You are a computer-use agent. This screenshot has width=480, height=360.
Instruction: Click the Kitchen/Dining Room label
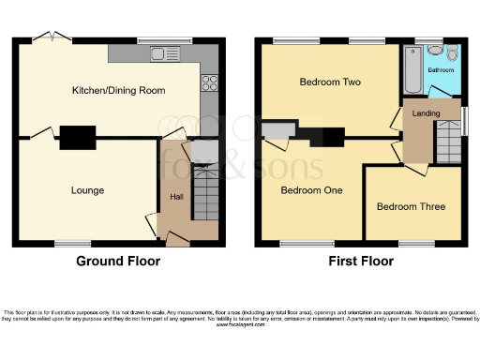tap(119, 91)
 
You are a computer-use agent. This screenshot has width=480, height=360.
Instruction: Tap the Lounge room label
tap(87, 190)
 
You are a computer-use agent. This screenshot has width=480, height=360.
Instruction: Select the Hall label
tap(176, 197)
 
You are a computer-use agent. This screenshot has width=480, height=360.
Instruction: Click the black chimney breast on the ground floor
tap(79, 138)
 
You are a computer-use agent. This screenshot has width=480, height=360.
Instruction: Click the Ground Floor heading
tap(118, 262)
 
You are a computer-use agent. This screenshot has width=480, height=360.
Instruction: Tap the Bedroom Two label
tap(330, 82)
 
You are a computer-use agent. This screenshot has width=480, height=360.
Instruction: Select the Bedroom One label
tap(311, 190)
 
